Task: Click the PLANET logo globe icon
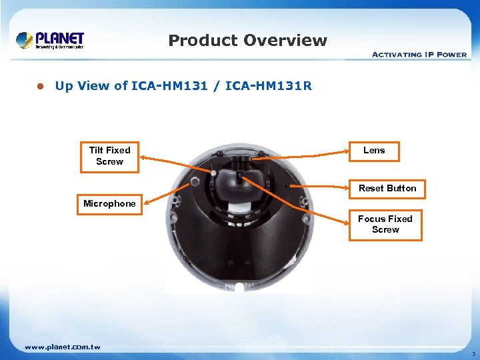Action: [x=25, y=40]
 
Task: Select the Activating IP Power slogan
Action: [x=419, y=54]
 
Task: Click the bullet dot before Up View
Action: [x=39, y=86]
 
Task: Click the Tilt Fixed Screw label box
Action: [x=109, y=156]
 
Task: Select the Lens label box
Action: [x=374, y=151]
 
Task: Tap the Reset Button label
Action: [x=387, y=188]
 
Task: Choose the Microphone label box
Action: [x=109, y=203]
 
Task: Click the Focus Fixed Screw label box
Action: [x=385, y=224]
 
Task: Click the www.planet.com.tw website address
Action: [x=62, y=347]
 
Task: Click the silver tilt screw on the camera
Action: [x=195, y=181]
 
